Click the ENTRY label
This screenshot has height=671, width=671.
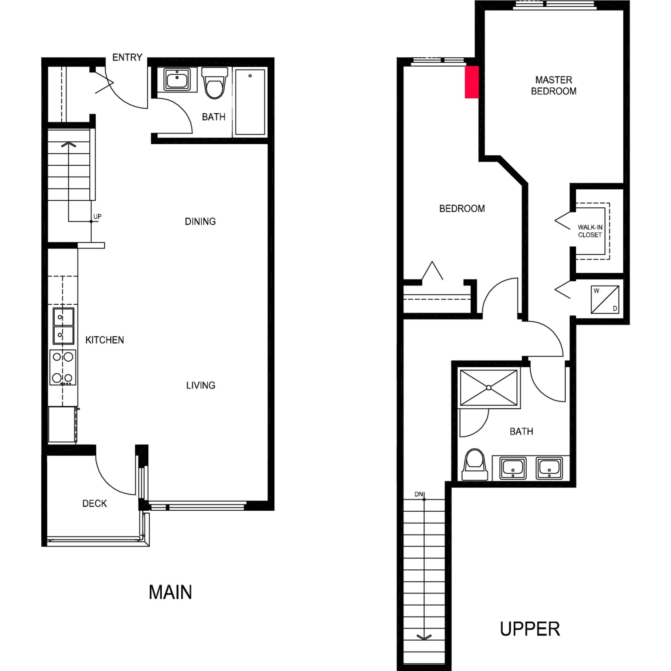click(127, 57)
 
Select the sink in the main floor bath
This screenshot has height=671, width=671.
click(177, 80)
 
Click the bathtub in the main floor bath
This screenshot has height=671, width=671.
click(250, 102)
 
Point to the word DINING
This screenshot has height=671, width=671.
click(200, 221)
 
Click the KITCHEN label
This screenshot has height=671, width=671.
click(105, 340)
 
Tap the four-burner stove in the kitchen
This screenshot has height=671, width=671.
click(63, 367)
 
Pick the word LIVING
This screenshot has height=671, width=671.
click(201, 385)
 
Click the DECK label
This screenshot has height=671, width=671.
click(95, 503)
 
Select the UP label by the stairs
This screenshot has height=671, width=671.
click(97, 216)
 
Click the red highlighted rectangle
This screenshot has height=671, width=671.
click(472, 82)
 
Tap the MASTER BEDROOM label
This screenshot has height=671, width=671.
click(554, 86)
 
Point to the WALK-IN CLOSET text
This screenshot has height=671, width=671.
click(590, 231)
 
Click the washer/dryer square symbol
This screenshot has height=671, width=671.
click(605, 299)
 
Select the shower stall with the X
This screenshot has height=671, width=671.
click(489, 388)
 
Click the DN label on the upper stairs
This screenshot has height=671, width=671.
click(419, 494)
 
